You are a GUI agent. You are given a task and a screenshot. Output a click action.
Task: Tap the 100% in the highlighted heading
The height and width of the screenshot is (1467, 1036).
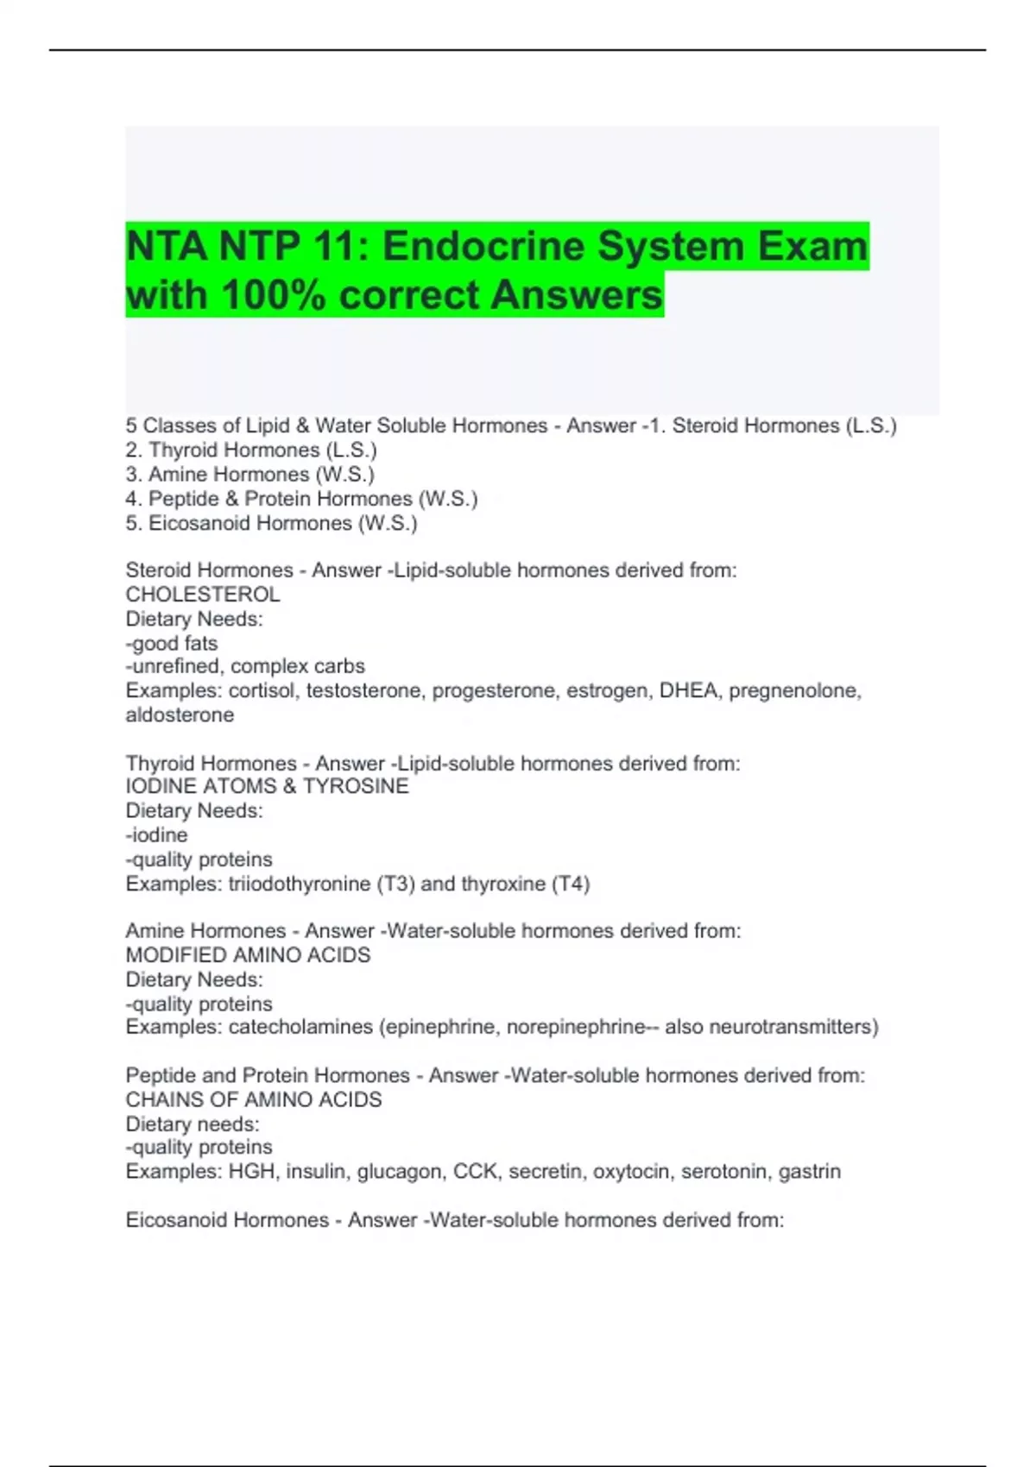pyautogui.click(x=274, y=295)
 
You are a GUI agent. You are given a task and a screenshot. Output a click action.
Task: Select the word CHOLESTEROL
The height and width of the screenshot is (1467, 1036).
pyautogui.click(x=203, y=595)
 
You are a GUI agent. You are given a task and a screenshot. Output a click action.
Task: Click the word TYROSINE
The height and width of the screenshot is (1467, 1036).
pyautogui.click(x=356, y=786)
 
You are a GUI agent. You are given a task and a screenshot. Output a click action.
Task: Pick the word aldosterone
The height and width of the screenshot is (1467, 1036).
pyautogui.click(x=180, y=715)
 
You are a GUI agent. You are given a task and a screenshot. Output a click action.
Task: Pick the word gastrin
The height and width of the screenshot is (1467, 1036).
pyautogui.click(x=809, y=1171)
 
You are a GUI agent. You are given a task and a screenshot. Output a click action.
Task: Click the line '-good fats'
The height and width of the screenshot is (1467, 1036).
pyautogui.click(x=172, y=643)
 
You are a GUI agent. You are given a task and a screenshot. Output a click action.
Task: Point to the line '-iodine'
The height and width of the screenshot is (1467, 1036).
pyautogui.click(x=156, y=834)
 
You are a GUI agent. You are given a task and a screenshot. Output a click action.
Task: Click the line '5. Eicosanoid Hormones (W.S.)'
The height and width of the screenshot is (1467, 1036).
pyautogui.click(x=271, y=523)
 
